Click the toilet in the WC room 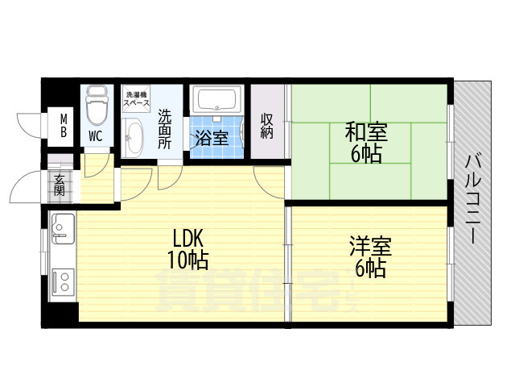click(x=97, y=106)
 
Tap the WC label click(x=95, y=136)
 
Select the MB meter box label click(x=64, y=126)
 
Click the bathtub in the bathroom click(x=216, y=100)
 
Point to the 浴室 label click(x=212, y=138)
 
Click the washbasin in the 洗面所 click(x=132, y=138)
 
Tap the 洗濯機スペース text click(x=136, y=98)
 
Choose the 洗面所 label click(x=165, y=129)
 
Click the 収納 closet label click(x=266, y=126)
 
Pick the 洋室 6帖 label click(x=370, y=256)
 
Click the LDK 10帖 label click(x=187, y=249)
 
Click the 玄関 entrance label click(x=59, y=185)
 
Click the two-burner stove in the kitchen click(x=63, y=281)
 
